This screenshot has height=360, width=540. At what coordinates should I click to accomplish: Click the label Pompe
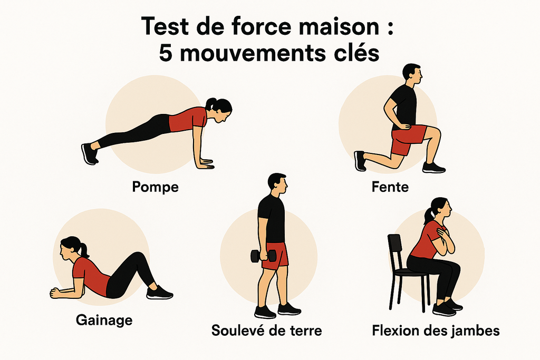tap(156, 188)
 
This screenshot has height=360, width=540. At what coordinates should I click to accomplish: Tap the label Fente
tap(390, 187)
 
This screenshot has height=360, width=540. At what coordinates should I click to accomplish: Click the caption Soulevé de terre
tap(266, 330)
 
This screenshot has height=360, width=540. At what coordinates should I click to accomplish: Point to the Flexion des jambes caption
tap(436, 331)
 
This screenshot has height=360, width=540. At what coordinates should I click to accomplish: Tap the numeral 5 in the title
tap(166, 53)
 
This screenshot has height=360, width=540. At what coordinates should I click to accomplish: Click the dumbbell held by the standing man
tap(264, 256)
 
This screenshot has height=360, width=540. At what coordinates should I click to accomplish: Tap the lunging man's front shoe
tap(434, 168)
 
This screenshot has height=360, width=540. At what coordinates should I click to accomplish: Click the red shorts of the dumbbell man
tap(275, 255)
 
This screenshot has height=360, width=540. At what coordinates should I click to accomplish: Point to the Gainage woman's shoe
tap(159, 293)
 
